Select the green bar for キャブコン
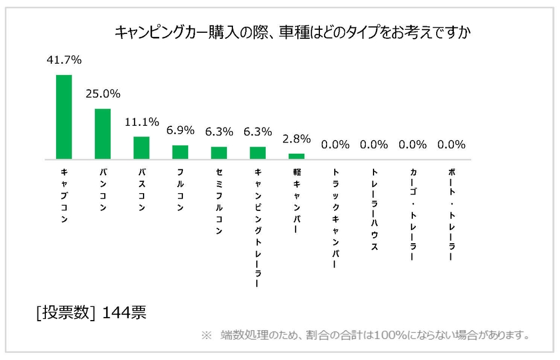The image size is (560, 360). pos(64,117)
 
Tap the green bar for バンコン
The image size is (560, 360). pos(103,134)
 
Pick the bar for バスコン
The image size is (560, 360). pos(142,148)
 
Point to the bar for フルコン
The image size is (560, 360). pos(181,152)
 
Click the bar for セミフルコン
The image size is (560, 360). pos(219,153)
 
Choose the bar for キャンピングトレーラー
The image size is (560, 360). pos(258,153)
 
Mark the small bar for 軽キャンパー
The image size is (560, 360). pos(297,156)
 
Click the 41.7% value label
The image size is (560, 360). pos(64,60)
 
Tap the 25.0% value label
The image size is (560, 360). pos(103,94)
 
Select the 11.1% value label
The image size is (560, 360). pos(142,122)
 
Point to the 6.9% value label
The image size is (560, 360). pos(181,129)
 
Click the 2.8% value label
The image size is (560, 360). pos(297,139)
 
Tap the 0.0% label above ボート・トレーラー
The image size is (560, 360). pos(452,145)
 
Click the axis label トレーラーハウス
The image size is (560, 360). pos(374,209)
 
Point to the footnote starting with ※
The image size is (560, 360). pos(365,335)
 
